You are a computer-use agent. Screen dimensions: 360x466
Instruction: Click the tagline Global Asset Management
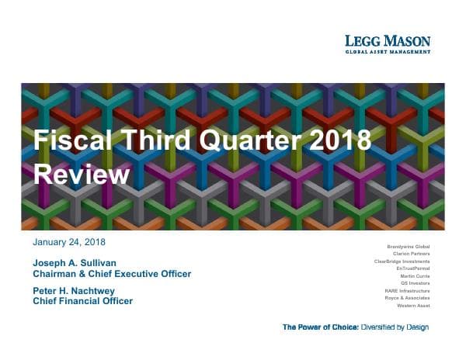point(388,52)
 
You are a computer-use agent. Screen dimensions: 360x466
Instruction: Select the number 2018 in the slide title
point(336,141)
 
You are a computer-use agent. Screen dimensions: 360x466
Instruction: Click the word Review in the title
point(81,175)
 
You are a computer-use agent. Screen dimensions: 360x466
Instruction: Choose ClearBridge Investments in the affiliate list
point(402,261)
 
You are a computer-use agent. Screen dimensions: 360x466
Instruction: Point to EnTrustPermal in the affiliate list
point(412,268)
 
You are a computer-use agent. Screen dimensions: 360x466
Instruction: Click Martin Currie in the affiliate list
point(414,275)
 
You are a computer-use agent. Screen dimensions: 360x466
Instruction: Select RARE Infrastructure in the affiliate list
point(407,290)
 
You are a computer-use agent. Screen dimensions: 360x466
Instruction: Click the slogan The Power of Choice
point(320,327)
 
